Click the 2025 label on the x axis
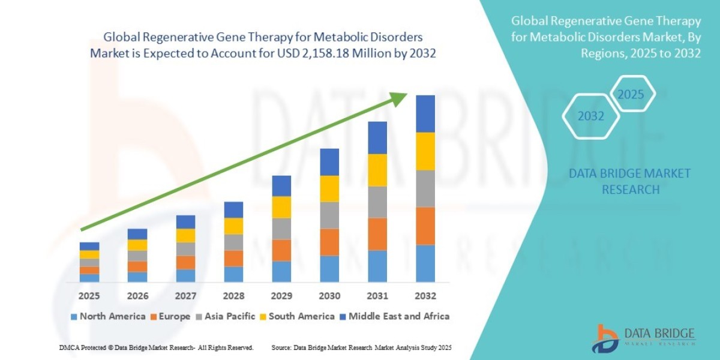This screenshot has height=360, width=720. point(89,296)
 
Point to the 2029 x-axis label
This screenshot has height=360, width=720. point(281,296)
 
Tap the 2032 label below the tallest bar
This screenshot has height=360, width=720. point(425,296)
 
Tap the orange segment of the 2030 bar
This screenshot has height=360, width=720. point(329,242)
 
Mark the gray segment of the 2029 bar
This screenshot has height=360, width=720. point(281,229)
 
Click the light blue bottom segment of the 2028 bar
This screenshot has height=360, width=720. point(233,274)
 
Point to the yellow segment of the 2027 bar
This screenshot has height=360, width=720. point(185,235)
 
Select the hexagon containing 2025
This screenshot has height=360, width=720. point(631,95)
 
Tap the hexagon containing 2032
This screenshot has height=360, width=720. point(591,116)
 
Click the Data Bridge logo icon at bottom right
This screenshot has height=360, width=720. point(608,338)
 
